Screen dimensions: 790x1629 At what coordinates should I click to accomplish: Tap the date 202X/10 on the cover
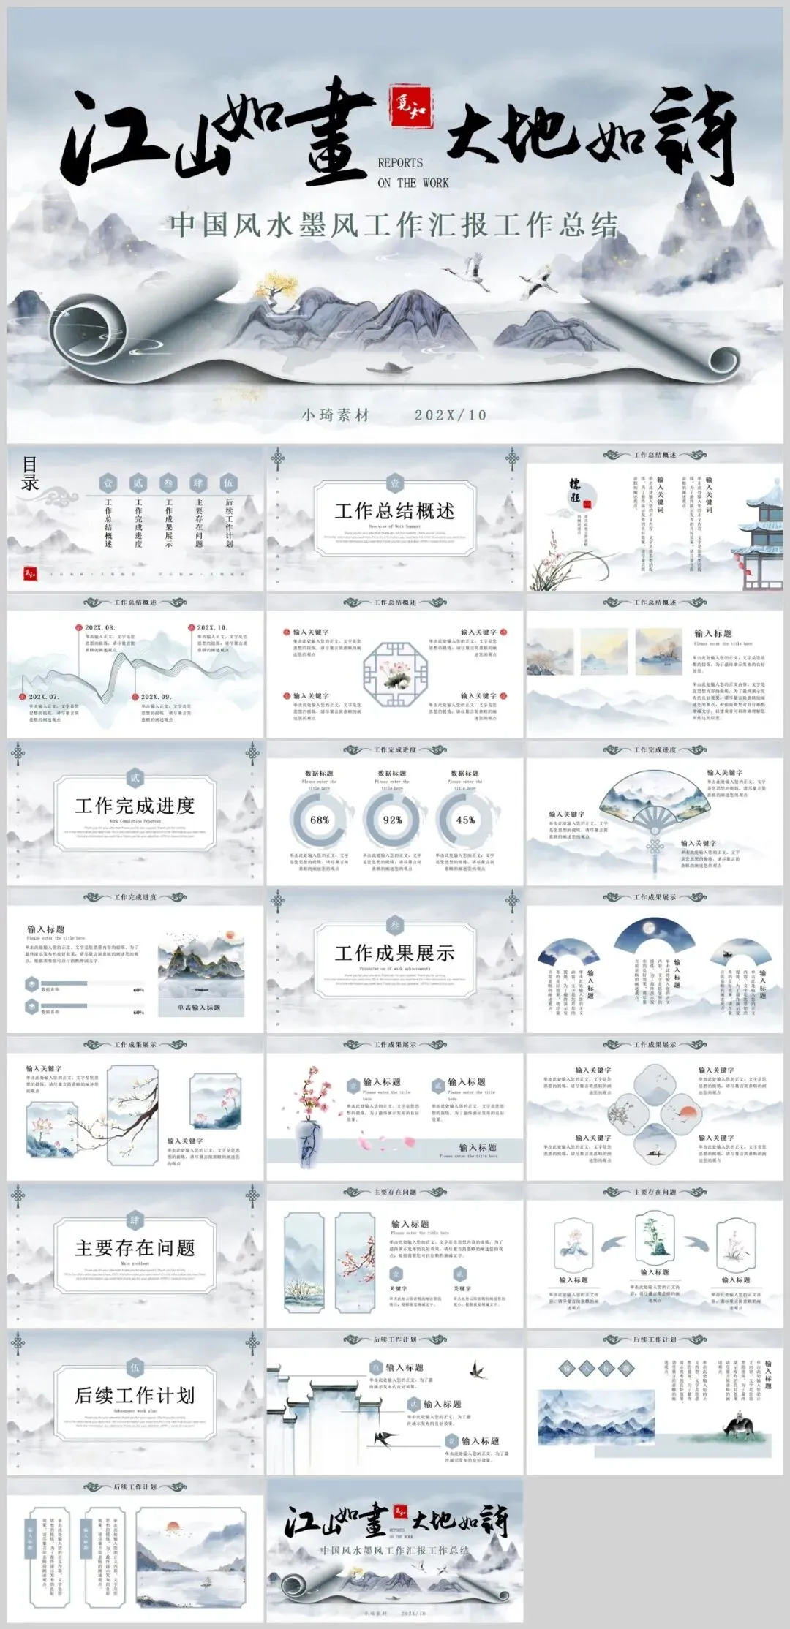click(450, 415)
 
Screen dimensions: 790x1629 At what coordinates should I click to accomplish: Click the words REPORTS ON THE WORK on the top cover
click(413, 173)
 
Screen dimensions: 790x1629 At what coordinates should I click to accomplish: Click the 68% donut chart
click(320, 820)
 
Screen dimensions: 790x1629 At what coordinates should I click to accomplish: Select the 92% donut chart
click(393, 820)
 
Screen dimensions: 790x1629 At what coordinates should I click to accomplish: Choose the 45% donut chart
click(465, 820)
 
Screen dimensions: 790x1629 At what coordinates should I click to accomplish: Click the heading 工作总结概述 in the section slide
click(394, 510)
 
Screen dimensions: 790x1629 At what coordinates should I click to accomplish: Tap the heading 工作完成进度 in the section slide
click(135, 806)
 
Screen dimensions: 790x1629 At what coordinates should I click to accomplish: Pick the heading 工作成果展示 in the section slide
click(394, 953)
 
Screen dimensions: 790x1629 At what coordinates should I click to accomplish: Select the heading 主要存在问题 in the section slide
click(135, 1247)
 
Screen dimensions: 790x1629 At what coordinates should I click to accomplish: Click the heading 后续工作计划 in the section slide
click(135, 1395)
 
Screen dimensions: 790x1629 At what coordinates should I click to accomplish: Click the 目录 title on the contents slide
click(30, 473)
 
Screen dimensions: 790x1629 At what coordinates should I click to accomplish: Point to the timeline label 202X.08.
click(99, 627)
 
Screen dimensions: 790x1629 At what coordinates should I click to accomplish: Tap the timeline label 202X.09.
click(155, 697)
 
